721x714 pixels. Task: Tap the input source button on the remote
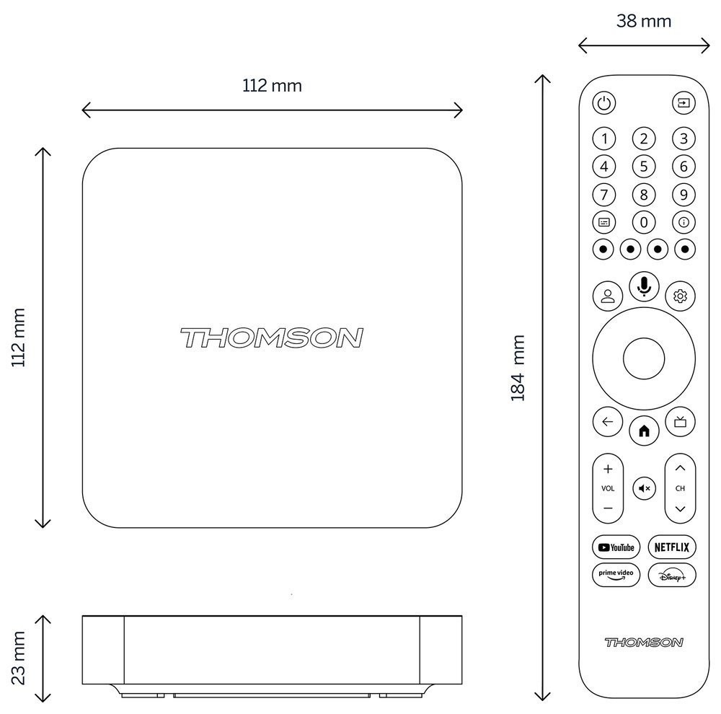tap(682, 103)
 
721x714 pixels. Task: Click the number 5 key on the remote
tap(644, 167)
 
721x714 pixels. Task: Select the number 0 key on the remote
tap(644, 222)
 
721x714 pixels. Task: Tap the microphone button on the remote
tap(644, 286)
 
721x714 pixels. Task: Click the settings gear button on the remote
tap(681, 296)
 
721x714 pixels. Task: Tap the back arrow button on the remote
tap(607, 422)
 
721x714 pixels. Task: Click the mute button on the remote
tap(644, 488)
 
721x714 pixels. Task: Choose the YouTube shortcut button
tap(616, 547)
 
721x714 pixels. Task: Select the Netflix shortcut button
tap(672, 547)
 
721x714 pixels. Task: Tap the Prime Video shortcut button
tap(616, 574)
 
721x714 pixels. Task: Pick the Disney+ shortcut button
tap(672, 574)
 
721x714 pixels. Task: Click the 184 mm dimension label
tap(518, 367)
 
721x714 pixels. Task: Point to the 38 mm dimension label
tap(644, 21)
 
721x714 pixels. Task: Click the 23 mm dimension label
tap(18, 657)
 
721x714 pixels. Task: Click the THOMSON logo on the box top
tap(271, 338)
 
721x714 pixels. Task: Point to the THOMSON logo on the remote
tap(644, 642)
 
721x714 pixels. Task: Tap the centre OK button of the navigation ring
tap(644, 358)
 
